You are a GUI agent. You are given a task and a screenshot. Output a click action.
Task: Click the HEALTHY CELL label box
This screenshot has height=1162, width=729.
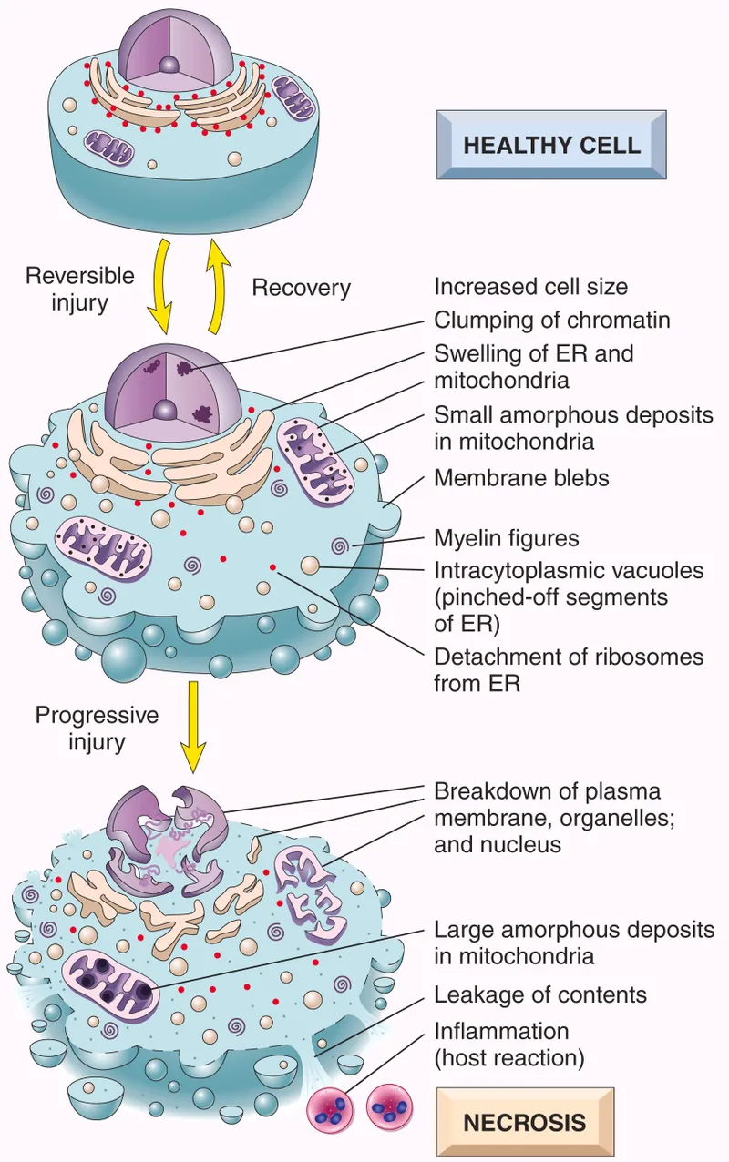coord(551,145)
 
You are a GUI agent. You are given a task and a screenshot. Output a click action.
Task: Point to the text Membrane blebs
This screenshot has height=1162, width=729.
coord(521,477)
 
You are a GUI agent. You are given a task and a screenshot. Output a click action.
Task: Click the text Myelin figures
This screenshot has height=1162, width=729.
coord(506,538)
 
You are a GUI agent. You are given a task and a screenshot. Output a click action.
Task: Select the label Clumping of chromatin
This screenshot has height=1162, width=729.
coord(552,320)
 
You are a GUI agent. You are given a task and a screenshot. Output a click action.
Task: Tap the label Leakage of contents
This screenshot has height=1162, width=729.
coord(540,994)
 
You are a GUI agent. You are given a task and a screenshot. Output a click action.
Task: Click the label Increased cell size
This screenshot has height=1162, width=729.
coord(530,287)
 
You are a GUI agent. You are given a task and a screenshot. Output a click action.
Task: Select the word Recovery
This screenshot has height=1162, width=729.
coord(301,288)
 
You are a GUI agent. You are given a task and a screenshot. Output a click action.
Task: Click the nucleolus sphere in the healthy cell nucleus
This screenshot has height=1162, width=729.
coord(169,65)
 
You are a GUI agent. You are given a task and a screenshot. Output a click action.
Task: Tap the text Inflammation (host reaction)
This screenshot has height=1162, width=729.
coord(508,1044)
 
